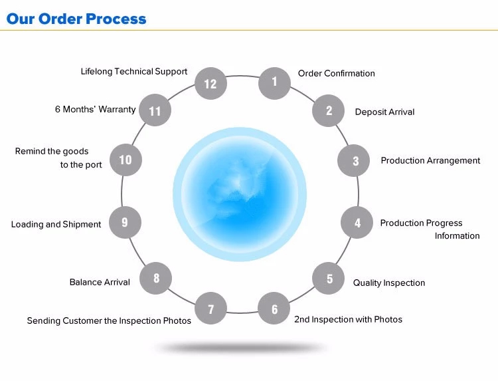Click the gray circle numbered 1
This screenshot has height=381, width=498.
(x=274, y=83)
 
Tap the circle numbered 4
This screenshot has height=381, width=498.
(x=357, y=223)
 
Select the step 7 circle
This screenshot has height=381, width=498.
(x=211, y=309)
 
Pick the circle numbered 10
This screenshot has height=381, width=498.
(x=125, y=160)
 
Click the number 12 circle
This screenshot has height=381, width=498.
(x=210, y=83)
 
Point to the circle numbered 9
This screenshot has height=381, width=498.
(x=125, y=222)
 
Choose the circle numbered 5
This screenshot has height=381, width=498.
(x=329, y=279)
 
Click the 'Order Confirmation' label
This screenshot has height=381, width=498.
(x=336, y=73)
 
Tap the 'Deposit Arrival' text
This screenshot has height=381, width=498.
(x=384, y=112)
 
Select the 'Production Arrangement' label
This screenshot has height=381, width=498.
(x=430, y=160)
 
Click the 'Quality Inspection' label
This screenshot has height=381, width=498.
(x=388, y=283)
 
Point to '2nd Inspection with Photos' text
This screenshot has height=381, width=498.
(x=348, y=319)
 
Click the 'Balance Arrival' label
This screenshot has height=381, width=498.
(x=100, y=282)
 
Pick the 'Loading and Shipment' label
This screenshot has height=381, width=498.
(x=56, y=224)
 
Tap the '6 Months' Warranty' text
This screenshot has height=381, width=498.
(x=95, y=109)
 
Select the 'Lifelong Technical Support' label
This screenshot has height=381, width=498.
(x=133, y=71)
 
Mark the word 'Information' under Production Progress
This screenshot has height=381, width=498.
(x=457, y=235)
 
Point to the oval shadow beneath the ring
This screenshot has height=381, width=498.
(x=240, y=347)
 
